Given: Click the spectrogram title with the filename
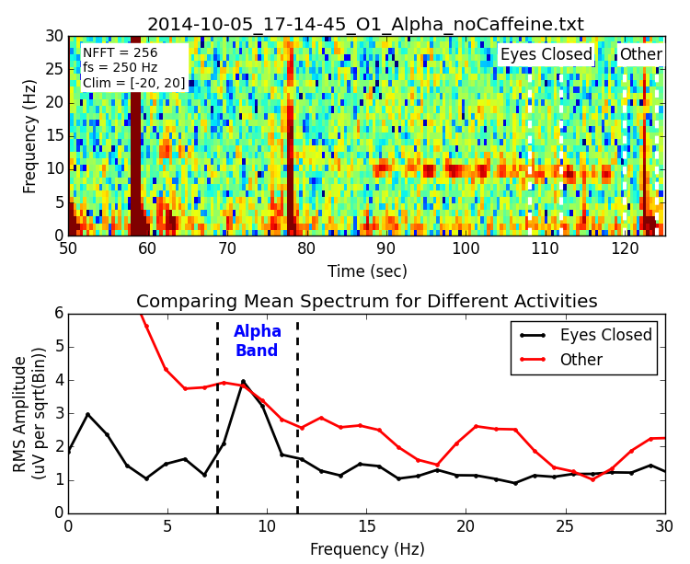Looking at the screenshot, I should (365, 25).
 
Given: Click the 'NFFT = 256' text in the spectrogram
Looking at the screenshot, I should (120, 53).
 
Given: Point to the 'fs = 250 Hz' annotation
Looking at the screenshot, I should (120, 68).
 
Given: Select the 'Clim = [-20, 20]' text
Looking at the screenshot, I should (133, 84).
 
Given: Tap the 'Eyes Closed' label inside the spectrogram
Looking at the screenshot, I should (546, 55).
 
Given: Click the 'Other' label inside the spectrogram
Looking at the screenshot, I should (640, 55).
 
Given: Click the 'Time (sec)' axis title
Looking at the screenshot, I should (366, 272).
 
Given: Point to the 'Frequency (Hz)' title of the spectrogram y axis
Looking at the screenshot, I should (30, 136).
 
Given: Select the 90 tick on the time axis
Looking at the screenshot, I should (385, 249).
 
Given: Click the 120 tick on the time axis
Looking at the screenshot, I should (625, 249).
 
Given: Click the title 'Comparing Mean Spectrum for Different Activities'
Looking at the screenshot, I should (366, 302).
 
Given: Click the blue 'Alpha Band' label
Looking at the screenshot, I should (258, 341).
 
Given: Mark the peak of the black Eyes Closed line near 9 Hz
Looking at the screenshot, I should (243, 381).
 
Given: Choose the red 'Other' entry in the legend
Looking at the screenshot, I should (581, 360).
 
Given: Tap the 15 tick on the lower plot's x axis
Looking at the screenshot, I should (366, 526).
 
